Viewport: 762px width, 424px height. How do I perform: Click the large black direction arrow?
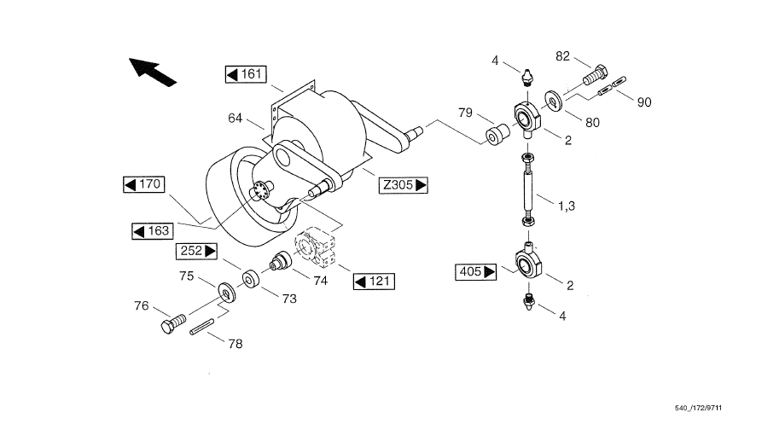(151, 72)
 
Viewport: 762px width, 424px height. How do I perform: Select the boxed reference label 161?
(246, 74)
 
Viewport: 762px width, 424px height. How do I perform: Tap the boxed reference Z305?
(404, 185)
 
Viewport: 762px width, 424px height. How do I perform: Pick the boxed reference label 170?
(144, 184)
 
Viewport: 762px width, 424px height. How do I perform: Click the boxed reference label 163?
(153, 230)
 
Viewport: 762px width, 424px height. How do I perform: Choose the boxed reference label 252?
(196, 251)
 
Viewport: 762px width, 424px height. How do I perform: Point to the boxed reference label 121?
(374, 282)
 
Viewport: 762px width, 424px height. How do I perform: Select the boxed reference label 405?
(476, 271)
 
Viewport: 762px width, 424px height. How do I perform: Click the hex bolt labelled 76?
(173, 324)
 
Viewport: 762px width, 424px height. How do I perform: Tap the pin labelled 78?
(202, 326)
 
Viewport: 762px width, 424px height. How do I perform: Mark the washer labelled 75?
(226, 292)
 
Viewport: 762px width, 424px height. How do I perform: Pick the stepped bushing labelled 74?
(281, 260)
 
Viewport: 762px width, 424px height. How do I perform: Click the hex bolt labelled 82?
(595, 74)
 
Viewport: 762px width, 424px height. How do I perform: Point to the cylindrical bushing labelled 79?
(497, 135)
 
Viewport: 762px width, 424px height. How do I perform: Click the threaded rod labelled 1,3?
(528, 189)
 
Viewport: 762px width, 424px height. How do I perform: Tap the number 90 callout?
(644, 102)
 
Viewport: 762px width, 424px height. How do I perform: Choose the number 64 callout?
(236, 118)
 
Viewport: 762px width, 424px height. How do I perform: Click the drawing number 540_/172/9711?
(698, 408)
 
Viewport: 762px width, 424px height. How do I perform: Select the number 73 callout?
(289, 299)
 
